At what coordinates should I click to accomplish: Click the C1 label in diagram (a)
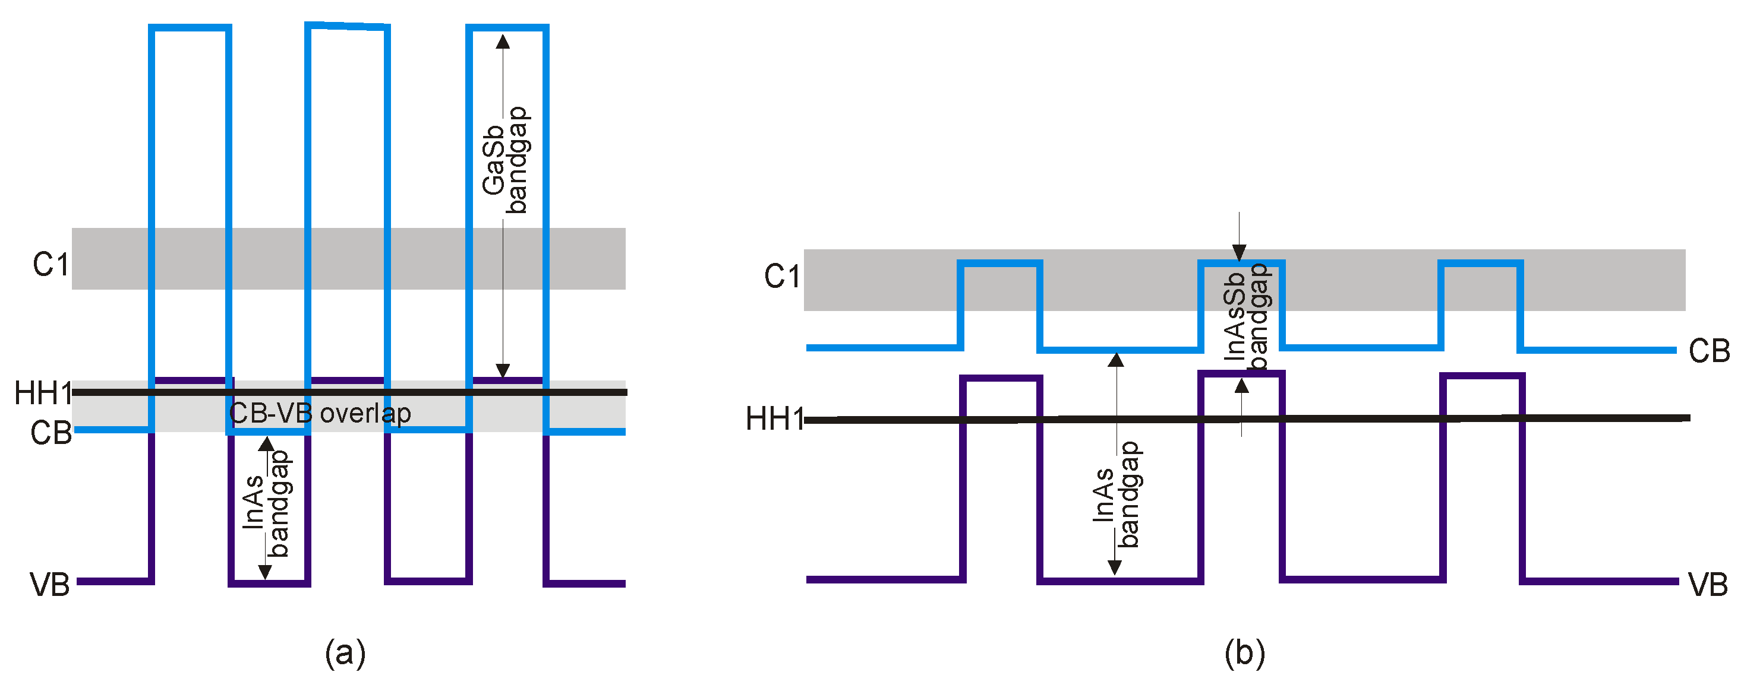tap(50, 265)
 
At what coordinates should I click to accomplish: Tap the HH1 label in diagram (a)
tap(43, 393)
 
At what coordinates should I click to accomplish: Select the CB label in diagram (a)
tap(51, 433)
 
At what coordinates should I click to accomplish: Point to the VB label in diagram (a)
tap(49, 585)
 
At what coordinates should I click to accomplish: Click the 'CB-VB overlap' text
tap(320, 413)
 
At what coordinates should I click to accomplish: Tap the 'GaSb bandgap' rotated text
tap(505, 160)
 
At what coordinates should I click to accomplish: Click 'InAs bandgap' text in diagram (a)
tap(266, 504)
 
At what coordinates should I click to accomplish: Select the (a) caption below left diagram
tap(345, 653)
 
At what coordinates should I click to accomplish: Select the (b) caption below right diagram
tap(1244, 653)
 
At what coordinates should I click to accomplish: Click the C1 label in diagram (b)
tap(782, 277)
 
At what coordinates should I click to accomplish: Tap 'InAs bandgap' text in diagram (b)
tap(1117, 494)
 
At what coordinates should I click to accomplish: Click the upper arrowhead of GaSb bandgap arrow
tap(502, 42)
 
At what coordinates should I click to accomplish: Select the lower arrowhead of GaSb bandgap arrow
tap(502, 370)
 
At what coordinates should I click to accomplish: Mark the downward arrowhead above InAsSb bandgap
tap(1239, 253)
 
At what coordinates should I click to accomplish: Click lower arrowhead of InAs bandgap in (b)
tap(1114, 567)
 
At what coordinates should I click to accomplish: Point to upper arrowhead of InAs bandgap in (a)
tap(267, 444)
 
